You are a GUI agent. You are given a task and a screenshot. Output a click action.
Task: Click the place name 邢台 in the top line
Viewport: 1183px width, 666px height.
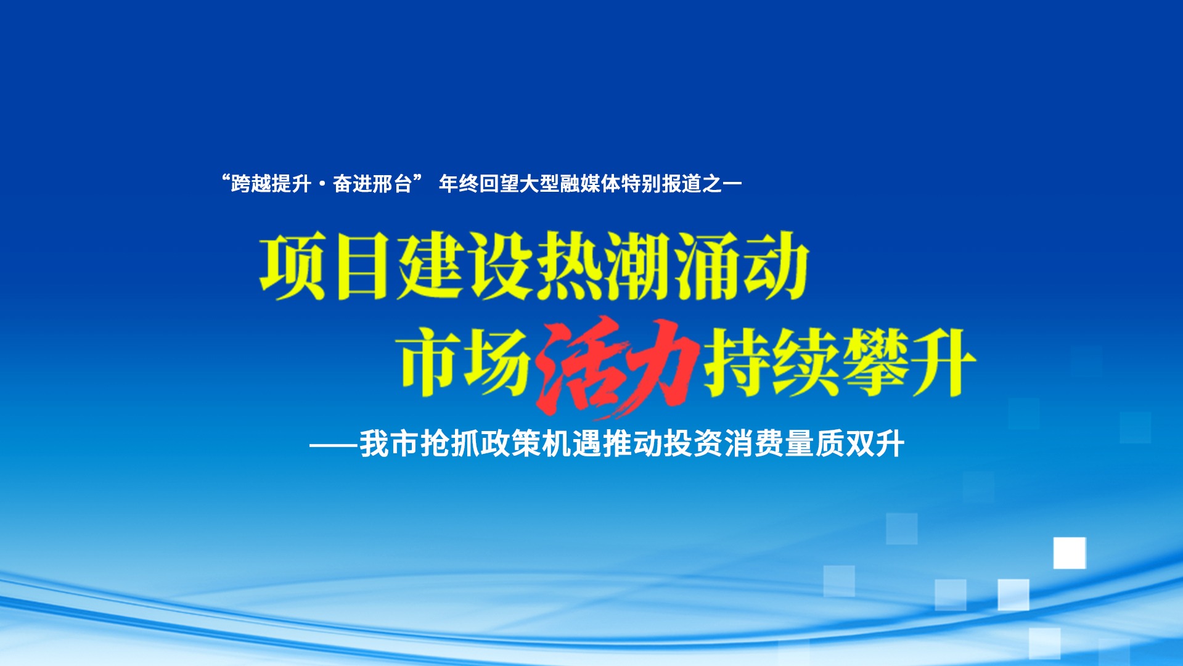[392, 184]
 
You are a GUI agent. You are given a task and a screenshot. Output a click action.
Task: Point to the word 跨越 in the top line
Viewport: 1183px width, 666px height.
[251, 184]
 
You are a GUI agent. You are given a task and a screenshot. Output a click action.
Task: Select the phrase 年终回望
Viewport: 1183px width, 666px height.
[478, 184]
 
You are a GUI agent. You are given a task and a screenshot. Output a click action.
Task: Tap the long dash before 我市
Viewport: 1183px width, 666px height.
[334, 445]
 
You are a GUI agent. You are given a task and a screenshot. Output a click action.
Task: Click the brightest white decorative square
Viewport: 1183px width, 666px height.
[1070, 553]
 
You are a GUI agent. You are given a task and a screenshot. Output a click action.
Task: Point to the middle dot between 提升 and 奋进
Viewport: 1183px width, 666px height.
[322, 184]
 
